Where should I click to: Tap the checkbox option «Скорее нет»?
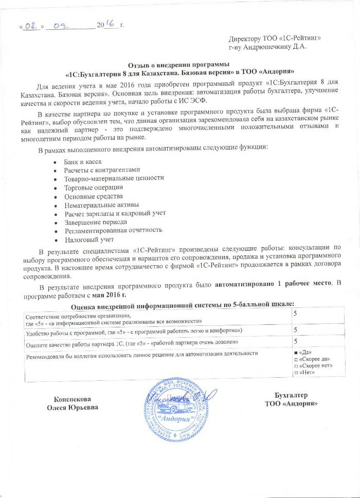[x=295, y=365]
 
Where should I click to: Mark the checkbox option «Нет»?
[x=295, y=372]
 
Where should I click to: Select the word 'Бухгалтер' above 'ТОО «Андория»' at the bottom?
[x=292, y=395]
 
